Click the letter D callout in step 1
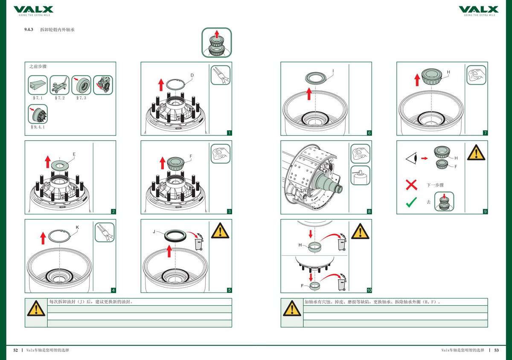pyautogui.click(x=192, y=76)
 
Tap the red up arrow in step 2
pyautogui.click(x=47, y=162)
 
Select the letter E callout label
pyautogui.click(x=74, y=154)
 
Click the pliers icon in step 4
pyautogui.click(x=105, y=232)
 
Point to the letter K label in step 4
pyautogui.click(x=77, y=228)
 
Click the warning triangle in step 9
pyautogui.click(x=476, y=152)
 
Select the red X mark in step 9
pyautogui.click(x=411, y=185)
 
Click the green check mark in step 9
pyautogui.click(x=411, y=202)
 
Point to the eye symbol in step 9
pyautogui.click(x=411, y=158)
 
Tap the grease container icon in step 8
pyautogui.click(x=360, y=175)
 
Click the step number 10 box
pyautogui.click(x=369, y=290)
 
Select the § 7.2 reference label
pyautogui.click(x=60, y=98)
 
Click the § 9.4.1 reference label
pyautogui.click(x=38, y=127)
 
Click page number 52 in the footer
pyautogui.click(x=16, y=350)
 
